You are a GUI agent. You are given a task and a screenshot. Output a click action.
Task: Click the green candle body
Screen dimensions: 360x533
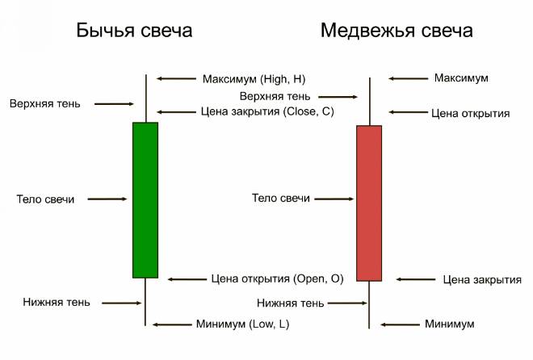pos(145,199)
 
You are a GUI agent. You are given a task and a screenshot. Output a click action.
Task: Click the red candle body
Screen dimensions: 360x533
pos(368,203)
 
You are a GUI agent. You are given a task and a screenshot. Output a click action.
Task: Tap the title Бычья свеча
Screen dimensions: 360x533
pos(134,31)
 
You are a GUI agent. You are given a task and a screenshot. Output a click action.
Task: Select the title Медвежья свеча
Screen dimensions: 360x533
pos(397,31)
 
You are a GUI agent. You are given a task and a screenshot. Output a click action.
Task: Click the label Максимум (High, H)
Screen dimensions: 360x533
pos(253,78)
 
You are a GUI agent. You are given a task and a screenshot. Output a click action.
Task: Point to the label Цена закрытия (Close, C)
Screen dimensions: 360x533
pos(266,111)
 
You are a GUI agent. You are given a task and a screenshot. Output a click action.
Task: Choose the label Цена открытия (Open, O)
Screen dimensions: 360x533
pos(277,278)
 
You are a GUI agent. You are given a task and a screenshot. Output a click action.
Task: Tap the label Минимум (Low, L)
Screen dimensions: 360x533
pos(242,324)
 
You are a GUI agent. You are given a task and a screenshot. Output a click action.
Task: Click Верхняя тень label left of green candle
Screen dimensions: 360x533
pos(45,103)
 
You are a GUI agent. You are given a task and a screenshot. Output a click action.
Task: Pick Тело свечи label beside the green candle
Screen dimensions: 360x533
pos(45,199)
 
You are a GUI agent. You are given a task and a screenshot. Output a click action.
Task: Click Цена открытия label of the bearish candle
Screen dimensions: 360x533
pos(470,113)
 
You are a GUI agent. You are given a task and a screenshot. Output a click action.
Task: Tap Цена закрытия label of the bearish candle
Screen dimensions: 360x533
pos(482,280)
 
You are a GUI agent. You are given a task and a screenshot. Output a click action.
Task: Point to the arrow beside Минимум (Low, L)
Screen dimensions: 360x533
pos(170,324)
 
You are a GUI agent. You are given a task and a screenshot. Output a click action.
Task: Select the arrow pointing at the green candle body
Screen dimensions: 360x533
pos(107,199)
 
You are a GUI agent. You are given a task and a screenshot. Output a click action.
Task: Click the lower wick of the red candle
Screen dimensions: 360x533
pos(369,304)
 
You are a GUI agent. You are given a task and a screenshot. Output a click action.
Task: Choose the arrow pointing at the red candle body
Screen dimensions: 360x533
pos(333,199)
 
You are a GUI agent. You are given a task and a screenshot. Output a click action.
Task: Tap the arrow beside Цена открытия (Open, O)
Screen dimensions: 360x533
pos(187,278)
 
